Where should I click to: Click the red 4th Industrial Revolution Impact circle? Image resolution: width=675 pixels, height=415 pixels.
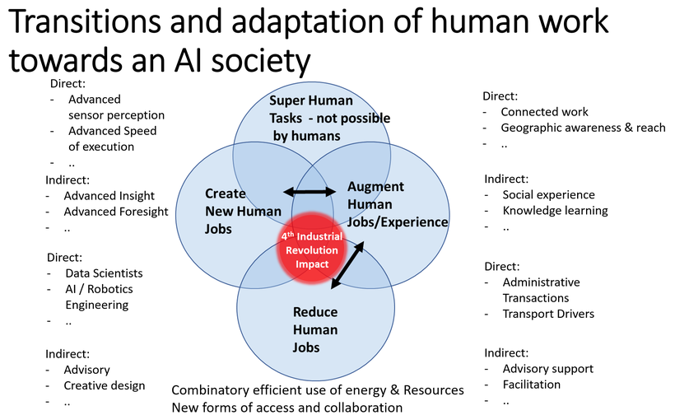coord(312,248)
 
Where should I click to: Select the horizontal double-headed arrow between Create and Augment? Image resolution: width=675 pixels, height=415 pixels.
coord(310,192)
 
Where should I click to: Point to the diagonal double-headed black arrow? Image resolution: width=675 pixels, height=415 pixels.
coord(347,265)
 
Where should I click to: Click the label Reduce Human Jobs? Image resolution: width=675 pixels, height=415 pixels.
coord(315,329)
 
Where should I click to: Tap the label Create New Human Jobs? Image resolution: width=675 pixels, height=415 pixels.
coord(243,211)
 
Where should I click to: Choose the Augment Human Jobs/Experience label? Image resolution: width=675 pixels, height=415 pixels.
coord(398,204)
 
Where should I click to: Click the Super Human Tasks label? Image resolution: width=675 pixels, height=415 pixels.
coord(329,118)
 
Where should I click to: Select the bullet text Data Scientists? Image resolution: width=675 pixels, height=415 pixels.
coord(104,273)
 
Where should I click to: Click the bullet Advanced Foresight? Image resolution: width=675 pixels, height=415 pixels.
coord(116,212)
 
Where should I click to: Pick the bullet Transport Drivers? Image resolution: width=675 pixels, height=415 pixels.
coord(548,314)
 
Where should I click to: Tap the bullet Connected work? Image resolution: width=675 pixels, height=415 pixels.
coord(544,112)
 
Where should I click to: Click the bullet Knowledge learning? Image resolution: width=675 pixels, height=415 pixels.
coord(555,211)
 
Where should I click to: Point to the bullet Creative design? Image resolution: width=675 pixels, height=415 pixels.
coord(105,385)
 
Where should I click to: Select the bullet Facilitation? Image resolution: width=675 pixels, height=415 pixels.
coord(531,385)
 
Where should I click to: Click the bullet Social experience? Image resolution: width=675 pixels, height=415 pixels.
coord(548,195)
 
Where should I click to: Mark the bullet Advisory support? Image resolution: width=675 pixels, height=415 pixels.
coord(547,369)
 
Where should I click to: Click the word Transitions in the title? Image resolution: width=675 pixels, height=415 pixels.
coord(84,21)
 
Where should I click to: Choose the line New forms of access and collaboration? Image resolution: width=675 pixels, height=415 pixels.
coord(286,408)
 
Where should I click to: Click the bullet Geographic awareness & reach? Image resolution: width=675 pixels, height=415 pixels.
coord(583,128)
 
